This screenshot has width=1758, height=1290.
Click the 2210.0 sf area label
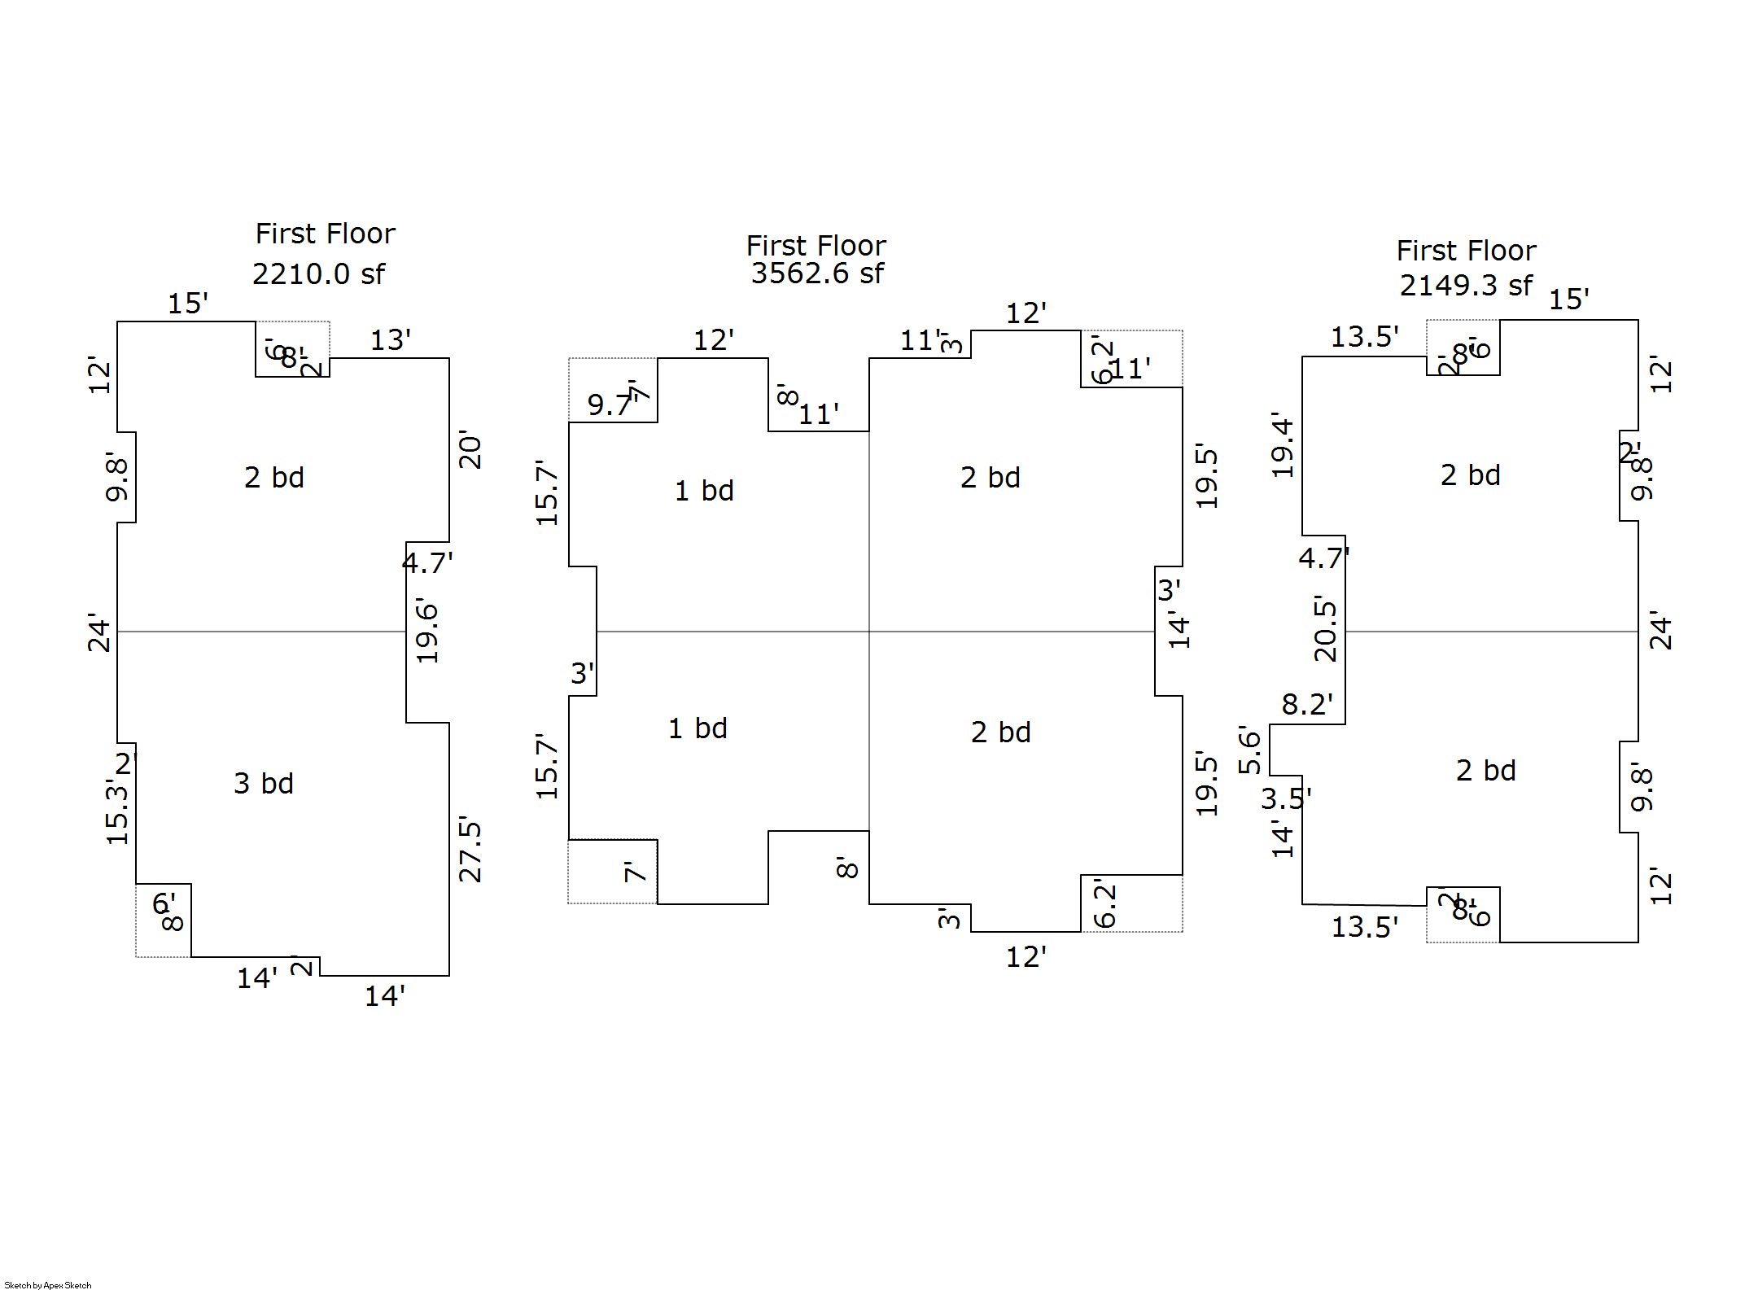pos(318,274)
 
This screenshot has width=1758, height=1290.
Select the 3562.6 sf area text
pos(816,273)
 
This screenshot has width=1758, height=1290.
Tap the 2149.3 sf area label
pos(1466,286)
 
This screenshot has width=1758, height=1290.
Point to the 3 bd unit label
pos(263,783)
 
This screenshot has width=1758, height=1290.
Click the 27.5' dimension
pos(470,850)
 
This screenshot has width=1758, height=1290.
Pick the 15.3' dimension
pos(118,811)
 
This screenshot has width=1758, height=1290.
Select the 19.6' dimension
pos(427,632)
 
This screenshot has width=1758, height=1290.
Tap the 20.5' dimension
pos(1325,630)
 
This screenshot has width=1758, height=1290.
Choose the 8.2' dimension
pos(1307,704)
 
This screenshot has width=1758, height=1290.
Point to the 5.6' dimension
pos(1250,750)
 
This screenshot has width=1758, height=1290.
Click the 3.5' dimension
pos(1286,799)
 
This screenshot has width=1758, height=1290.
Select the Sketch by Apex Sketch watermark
pos(48,1285)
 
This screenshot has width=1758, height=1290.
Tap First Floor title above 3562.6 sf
pos(816,246)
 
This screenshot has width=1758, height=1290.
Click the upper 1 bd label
pos(704,491)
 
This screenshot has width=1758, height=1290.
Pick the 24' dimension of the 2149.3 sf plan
pos(1660,633)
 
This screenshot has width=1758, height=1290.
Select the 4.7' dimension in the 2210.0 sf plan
pos(427,562)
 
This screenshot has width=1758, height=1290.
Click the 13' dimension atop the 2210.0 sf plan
pos(391,340)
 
